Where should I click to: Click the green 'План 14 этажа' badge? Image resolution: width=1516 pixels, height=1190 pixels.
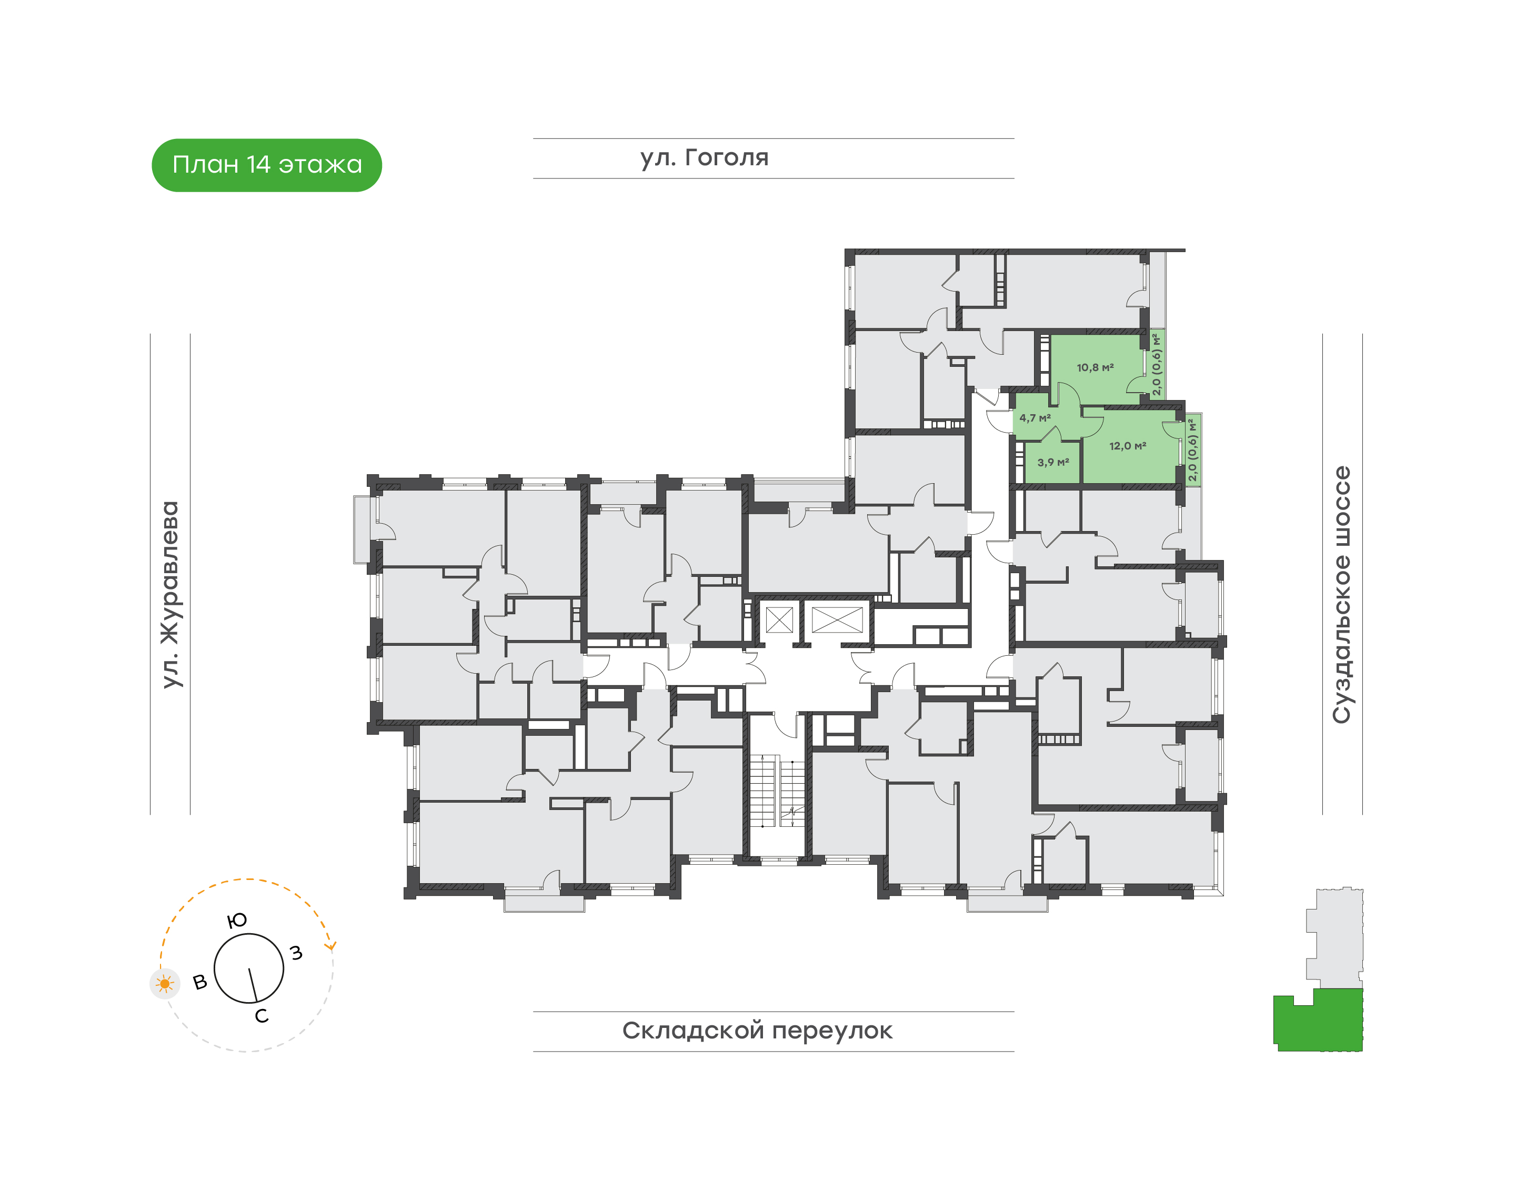(266, 165)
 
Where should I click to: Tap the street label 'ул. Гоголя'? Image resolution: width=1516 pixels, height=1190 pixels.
(705, 157)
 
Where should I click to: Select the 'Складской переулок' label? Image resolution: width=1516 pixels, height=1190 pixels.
(757, 1031)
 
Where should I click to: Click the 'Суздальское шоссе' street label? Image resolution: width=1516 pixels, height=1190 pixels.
(1341, 594)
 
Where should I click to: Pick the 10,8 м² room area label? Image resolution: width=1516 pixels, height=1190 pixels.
(1095, 367)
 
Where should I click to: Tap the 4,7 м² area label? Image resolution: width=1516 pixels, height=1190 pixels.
(1035, 418)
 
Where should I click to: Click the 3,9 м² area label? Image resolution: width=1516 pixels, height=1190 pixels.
(1053, 462)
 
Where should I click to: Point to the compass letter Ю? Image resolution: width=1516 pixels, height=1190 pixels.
(237, 921)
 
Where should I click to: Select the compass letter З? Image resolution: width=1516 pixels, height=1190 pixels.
(297, 953)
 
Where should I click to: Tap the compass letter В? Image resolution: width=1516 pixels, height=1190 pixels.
(200, 983)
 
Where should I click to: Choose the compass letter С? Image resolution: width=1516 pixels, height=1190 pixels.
(261, 1016)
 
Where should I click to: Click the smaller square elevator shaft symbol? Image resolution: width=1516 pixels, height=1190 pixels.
(779, 619)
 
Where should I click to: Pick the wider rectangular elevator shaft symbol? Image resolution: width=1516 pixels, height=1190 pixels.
(837, 619)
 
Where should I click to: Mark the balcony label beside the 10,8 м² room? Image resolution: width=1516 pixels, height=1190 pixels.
(1157, 364)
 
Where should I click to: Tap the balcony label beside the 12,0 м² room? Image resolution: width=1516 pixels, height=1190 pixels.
(1193, 449)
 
